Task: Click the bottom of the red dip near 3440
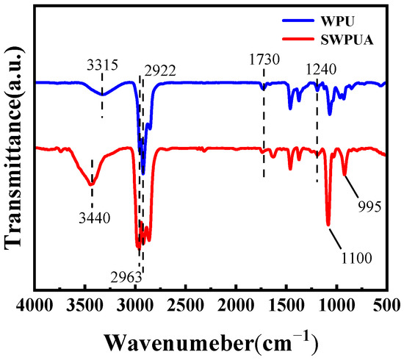[x=91, y=184]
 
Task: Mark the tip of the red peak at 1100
[x=328, y=225]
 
